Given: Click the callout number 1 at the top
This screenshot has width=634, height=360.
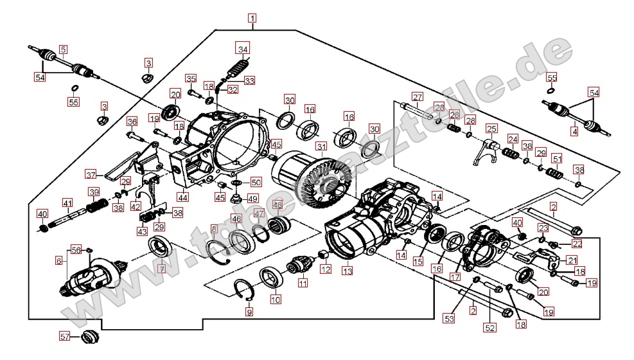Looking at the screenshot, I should [x=253, y=18].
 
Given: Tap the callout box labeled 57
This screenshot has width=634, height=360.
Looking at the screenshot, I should [x=64, y=336].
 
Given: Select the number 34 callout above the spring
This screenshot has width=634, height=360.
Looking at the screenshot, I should [x=242, y=49].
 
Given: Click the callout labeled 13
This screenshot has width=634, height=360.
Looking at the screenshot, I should [x=347, y=271].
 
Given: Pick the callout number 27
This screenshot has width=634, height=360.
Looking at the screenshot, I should [x=417, y=97].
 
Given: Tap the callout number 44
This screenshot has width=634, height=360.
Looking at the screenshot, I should [x=184, y=198].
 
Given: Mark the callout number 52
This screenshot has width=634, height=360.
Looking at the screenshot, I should [x=490, y=327].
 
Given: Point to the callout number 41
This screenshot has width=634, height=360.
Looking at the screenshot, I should [x=67, y=203].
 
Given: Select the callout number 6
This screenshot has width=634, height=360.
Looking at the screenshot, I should [x=59, y=261].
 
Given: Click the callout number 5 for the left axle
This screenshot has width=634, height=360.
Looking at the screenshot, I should [x=63, y=49].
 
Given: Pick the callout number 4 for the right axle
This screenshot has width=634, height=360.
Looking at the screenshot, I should [x=575, y=132].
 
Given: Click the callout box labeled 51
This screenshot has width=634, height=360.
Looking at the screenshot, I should [x=557, y=158].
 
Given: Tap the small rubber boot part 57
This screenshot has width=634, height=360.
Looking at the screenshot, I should [x=89, y=336].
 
